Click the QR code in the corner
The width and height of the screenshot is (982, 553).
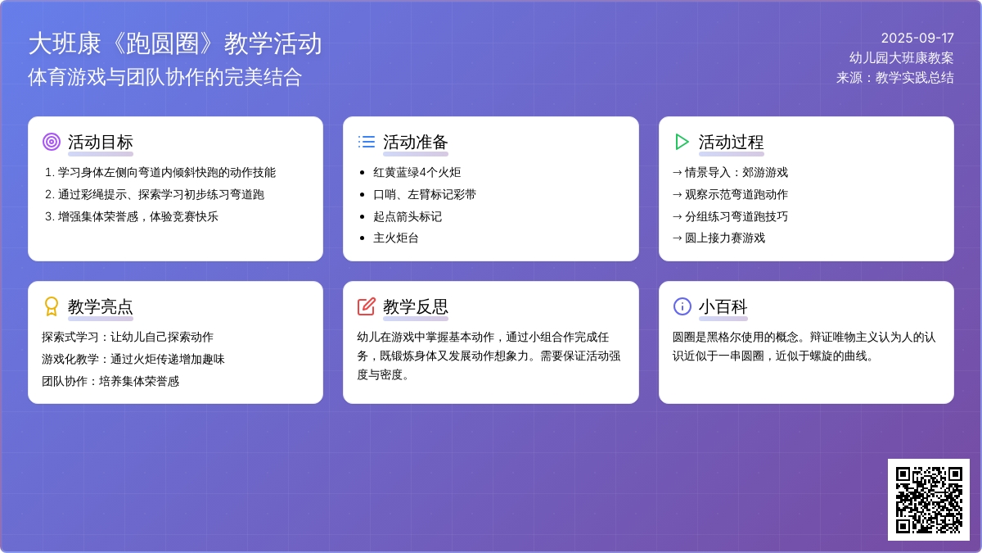click(929, 500)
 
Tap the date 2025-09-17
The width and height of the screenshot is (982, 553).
click(917, 39)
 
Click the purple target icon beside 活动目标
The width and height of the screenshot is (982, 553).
click(52, 142)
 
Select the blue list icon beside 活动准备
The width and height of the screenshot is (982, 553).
click(367, 142)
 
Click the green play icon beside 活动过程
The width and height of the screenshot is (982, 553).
click(682, 142)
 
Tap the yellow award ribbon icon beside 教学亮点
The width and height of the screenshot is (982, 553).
click(52, 306)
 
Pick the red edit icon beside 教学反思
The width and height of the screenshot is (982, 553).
click(367, 306)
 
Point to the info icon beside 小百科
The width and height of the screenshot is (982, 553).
click(682, 306)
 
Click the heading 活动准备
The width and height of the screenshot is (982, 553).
click(415, 143)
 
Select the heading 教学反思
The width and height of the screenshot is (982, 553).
click(415, 306)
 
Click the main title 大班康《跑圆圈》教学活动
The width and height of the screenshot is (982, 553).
click(175, 43)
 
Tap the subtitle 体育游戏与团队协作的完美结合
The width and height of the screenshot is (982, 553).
click(164, 77)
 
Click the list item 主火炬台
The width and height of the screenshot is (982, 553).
click(396, 238)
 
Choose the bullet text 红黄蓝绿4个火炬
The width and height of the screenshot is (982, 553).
click(417, 173)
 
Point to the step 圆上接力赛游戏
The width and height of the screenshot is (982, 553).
click(725, 238)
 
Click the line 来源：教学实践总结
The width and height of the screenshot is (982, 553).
click(894, 78)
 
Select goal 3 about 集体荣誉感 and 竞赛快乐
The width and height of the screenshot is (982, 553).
click(132, 216)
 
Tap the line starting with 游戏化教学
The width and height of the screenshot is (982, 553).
click(133, 359)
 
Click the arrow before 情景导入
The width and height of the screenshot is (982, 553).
click(678, 173)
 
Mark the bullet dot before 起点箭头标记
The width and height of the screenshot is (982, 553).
click(362, 216)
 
